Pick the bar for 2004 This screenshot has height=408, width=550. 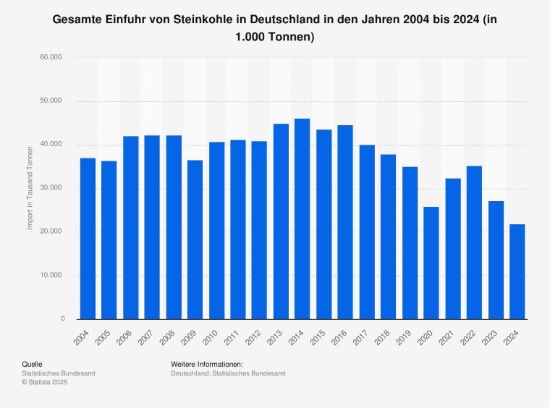click(88, 238)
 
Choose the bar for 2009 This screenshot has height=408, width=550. click(195, 239)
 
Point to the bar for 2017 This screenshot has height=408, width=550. click(367, 231)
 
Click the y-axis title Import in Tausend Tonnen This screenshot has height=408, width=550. click(30, 188)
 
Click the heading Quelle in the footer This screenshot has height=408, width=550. click(32, 364)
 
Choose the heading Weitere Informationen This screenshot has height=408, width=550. click(207, 364)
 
